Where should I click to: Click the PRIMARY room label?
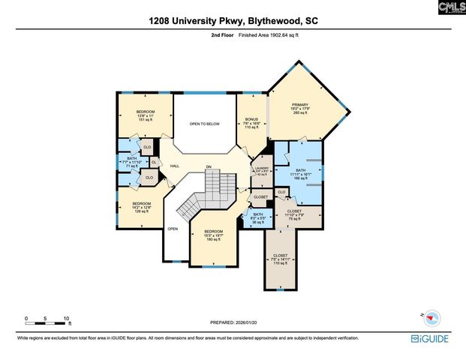(x=301, y=106)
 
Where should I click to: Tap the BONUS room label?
(x=252, y=120)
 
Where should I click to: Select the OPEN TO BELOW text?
(x=204, y=124)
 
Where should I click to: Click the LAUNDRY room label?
(x=260, y=169)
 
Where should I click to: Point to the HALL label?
(x=174, y=166)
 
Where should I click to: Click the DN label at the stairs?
(x=209, y=166)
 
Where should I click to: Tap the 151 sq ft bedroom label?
(x=145, y=112)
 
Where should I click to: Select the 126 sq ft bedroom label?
(x=141, y=204)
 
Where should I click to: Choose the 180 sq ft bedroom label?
(x=214, y=232)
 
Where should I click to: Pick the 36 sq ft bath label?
(x=257, y=214)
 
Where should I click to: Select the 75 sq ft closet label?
(x=294, y=211)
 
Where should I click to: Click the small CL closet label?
(x=154, y=162)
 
